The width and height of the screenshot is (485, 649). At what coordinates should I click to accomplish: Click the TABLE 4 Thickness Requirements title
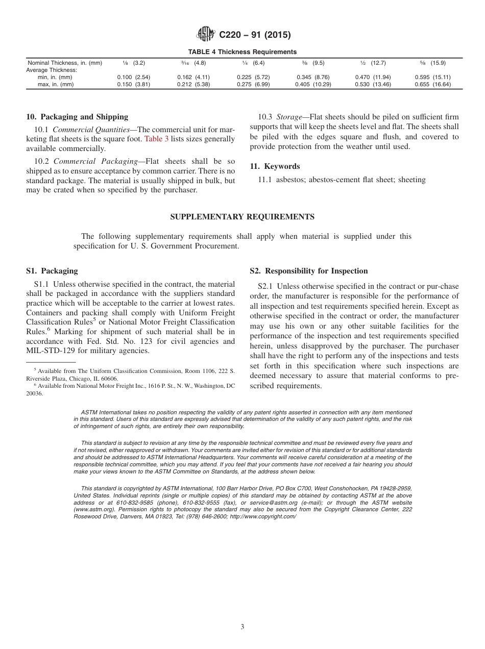(243, 52)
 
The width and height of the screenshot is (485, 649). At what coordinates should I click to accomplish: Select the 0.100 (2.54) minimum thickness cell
(134, 78)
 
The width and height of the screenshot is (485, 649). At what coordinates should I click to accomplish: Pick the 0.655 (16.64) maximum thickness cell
(433, 85)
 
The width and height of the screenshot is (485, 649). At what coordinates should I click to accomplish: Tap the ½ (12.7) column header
(373, 63)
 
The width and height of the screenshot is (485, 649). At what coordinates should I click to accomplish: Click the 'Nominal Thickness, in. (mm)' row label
(64, 63)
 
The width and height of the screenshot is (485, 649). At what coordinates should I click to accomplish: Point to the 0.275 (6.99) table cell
(253, 85)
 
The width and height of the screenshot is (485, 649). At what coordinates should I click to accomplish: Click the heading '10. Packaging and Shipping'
(77, 117)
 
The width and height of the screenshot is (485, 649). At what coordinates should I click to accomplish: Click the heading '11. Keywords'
(275, 166)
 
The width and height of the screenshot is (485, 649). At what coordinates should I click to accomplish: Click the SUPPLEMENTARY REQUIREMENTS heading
(242, 217)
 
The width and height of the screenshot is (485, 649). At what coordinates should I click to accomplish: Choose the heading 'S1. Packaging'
(52, 271)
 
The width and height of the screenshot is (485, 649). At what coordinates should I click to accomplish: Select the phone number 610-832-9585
(130, 503)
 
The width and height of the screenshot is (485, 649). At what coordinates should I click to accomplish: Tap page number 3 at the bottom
(243, 627)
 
